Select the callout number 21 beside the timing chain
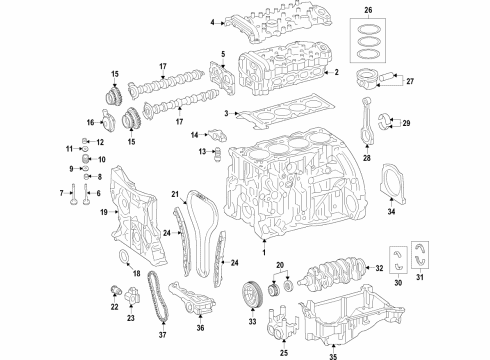(x=173, y=194)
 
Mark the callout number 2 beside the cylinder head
(x=337, y=73)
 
